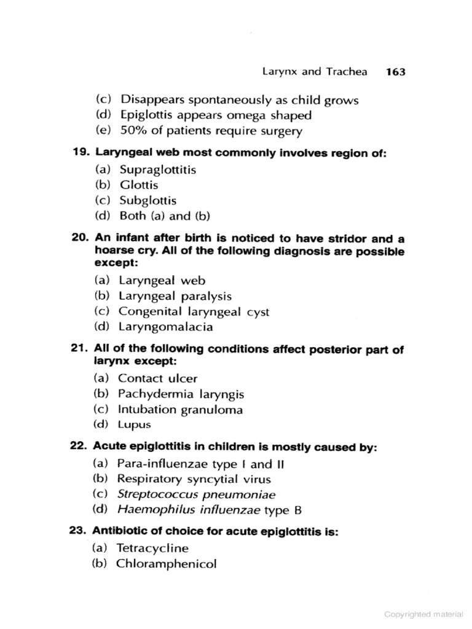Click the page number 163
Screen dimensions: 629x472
396,72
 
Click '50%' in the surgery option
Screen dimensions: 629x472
134,130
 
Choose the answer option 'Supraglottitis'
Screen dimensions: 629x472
157,170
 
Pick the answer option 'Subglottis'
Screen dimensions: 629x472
147,200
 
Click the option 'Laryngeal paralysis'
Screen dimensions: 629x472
175,296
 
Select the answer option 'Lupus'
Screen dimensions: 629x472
134,424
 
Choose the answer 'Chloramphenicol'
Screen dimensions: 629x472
166,563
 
